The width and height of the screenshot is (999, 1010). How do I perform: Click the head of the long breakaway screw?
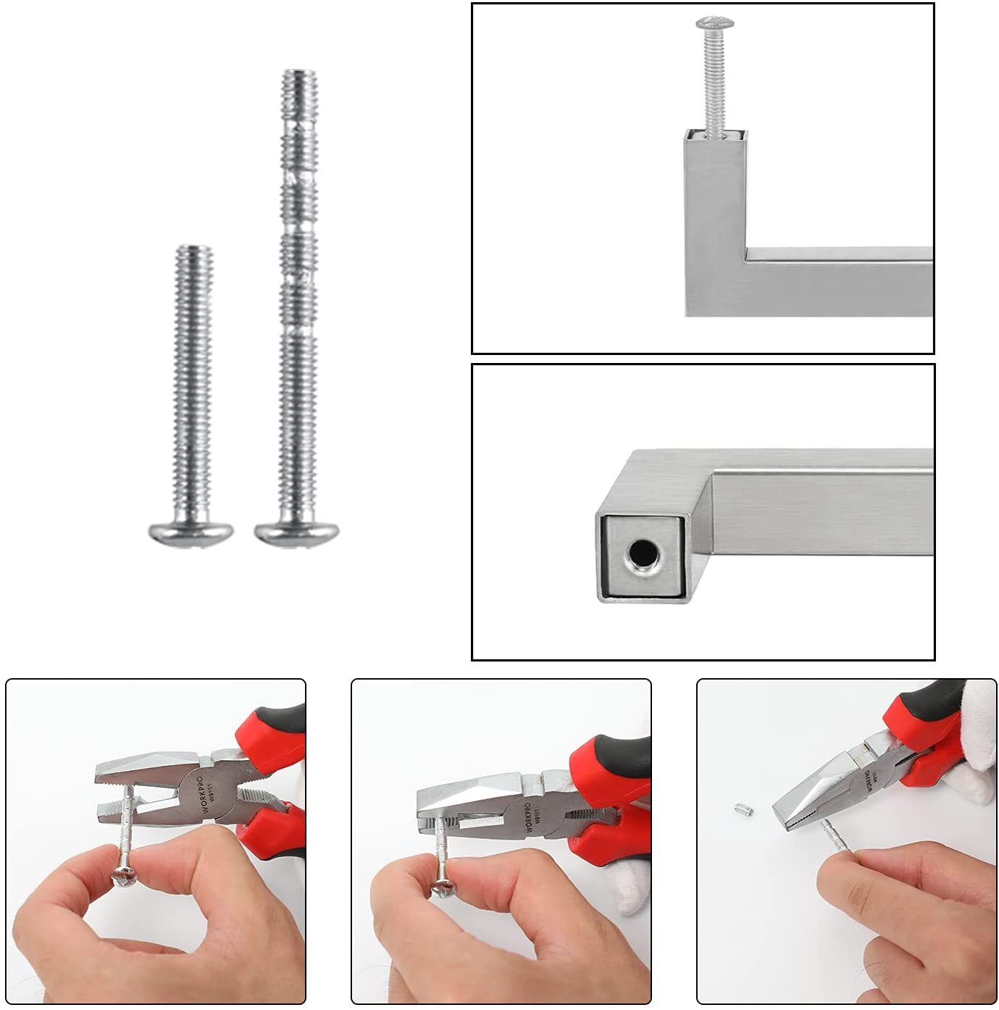pyautogui.click(x=297, y=533)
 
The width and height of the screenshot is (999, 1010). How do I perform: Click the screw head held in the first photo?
pyautogui.click(x=120, y=878)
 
